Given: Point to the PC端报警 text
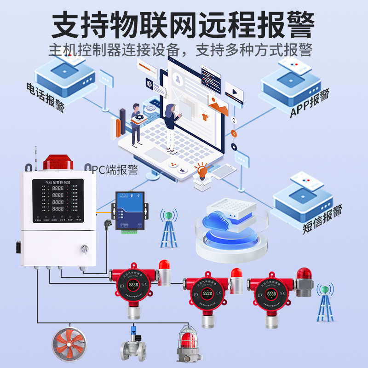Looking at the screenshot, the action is click(x=115, y=170).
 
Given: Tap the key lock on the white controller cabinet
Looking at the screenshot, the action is click(x=84, y=248).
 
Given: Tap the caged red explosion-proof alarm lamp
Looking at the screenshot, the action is click(x=190, y=343).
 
